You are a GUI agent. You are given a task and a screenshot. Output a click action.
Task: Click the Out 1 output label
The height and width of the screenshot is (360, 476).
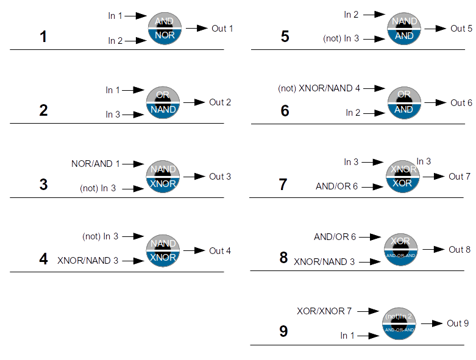(222, 29)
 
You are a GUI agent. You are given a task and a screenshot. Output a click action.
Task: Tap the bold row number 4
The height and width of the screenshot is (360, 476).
(43, 259)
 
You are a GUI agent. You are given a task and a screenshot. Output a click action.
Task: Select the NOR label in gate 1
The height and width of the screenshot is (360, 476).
(165, 36)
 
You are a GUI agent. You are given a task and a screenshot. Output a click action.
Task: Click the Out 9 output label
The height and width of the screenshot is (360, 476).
(458, 323)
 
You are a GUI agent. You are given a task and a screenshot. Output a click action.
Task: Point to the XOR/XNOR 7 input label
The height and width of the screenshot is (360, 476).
(324, 311)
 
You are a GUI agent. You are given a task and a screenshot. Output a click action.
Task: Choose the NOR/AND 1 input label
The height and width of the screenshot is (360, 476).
(96, 164)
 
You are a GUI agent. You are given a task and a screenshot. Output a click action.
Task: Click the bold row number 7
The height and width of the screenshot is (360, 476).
(283, 185)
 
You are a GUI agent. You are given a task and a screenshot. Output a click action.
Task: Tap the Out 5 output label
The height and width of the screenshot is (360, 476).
(461, 29)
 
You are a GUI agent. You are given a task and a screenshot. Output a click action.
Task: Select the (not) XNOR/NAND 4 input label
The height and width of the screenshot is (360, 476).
(319, 88)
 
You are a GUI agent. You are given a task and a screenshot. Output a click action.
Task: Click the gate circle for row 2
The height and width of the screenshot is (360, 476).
(163, 102)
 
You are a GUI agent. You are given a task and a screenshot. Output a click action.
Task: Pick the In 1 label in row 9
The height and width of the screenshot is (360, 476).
(347, 336)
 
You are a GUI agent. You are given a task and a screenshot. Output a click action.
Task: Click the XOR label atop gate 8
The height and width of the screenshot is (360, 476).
(400, 241)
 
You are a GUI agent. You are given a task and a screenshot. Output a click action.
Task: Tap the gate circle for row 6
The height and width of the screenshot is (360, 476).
(404, 102)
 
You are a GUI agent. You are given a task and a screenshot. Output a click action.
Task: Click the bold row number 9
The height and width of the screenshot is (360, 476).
(283, 332)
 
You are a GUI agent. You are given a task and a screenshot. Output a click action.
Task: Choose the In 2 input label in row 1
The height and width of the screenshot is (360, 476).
(115, 41)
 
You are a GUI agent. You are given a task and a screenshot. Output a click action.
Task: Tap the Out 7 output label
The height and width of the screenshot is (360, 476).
(460, 177)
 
